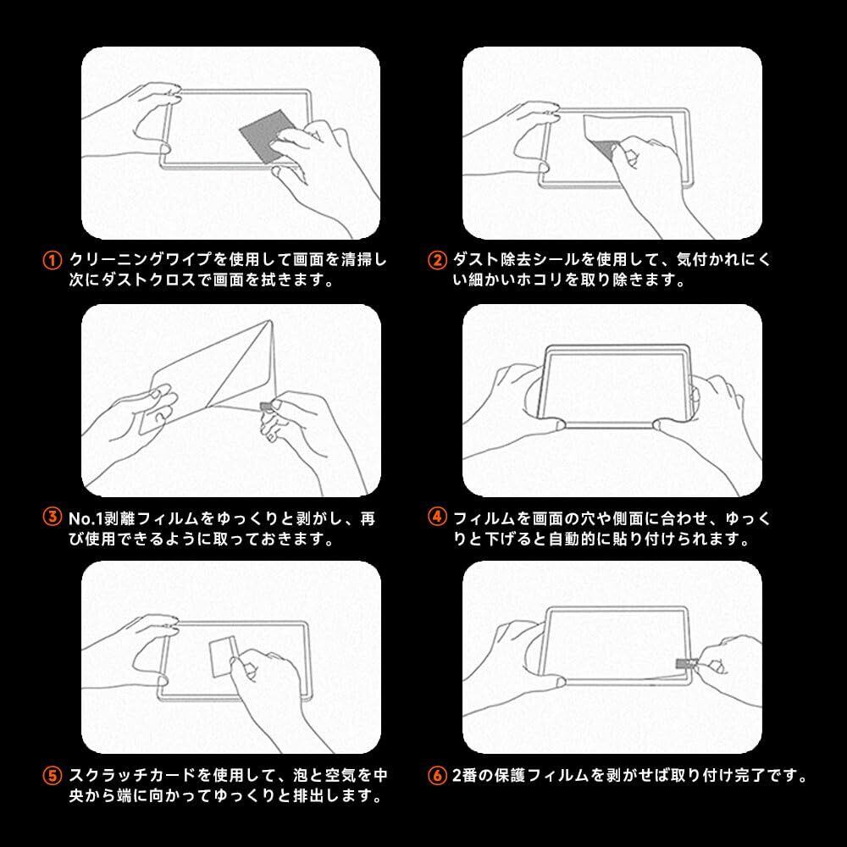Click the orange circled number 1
[x=52, y=260]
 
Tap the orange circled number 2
[x=437, y=260]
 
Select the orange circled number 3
[x=52, y=517]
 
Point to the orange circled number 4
[x=437, y=517]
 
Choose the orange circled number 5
[x=52, y=776]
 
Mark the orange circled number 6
[x=437, y=776]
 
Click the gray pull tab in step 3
[x=266, y=407]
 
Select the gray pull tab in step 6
[x=684, y=663]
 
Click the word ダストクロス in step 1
[x=132, y=280]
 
